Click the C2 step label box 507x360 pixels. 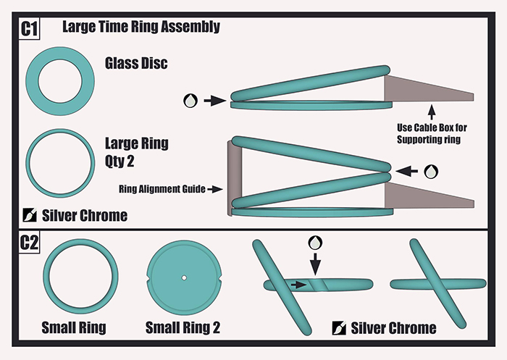[x=29, y=243]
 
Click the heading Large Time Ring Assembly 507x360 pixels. [x=141, y=28]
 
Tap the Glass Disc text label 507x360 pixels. [x=135, y=64]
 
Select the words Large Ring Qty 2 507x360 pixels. [x=137, y=151]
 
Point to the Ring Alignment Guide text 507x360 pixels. [x=160, y=190]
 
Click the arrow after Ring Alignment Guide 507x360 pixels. [x=216, y=190]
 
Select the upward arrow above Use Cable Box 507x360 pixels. [x=432, y=112]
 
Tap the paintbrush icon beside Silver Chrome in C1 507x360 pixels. [x=31, y=215]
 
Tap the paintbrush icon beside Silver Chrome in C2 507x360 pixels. [x=338, y=327]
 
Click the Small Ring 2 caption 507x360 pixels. [x=183, y=327]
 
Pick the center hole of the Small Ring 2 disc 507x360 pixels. [x=184, y=278]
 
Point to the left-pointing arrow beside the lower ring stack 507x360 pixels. [x=408, y=172]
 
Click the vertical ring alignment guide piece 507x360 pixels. [x=232, y=177]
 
